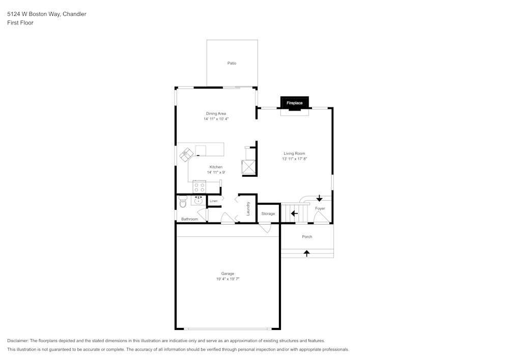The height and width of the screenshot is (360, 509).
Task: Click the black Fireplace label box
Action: tap(294, 103)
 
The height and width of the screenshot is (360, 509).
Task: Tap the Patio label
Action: tap(232, 63)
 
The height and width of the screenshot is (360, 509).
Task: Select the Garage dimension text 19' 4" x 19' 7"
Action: tap(228, 279)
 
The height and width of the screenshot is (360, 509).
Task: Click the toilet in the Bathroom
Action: tap(183, 202)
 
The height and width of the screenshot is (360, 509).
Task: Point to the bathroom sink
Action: tap(199, 200)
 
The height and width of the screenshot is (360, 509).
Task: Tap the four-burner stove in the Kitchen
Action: tap(199, 187)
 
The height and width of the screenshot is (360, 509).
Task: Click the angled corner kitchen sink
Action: tap(186, 154)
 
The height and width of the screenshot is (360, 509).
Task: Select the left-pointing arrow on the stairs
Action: tap(294, 213)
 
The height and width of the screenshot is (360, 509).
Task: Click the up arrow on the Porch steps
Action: tap(307, 253)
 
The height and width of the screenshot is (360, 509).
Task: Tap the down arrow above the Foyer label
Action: tap(319, 198)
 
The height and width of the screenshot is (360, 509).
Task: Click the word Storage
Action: tap(268, 214)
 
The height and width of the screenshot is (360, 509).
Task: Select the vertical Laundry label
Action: tap(248, 209)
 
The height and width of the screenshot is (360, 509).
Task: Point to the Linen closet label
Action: tap(214, 201)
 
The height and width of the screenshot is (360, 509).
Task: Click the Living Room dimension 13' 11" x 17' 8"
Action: tap(295, 159)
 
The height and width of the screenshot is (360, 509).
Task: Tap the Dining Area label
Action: tap(216, 114)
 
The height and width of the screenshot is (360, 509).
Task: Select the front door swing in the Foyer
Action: tap(321, 218)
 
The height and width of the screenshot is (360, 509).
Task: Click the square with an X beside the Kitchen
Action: tap(248, 167)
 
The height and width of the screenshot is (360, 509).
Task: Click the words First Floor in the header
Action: tap(20, 23)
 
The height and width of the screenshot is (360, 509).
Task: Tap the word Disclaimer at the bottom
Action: tap(18, 341)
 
